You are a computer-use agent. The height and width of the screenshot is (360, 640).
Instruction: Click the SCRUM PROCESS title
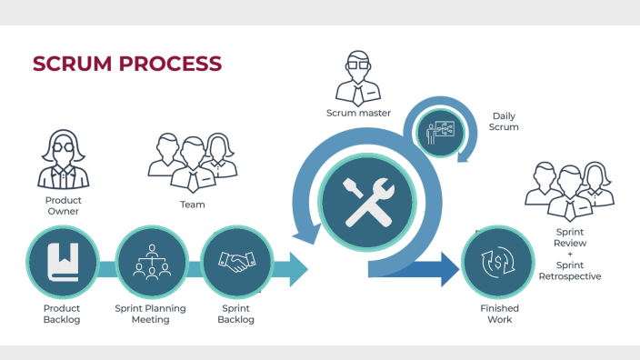click(126, 64)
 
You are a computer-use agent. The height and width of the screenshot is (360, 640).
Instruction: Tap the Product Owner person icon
click(63, 160)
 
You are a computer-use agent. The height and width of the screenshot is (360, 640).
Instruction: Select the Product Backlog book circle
click(63, 263)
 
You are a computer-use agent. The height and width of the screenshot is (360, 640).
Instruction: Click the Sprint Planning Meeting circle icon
click(151, 263)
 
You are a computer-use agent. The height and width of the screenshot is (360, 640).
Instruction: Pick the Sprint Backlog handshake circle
click(236, 263)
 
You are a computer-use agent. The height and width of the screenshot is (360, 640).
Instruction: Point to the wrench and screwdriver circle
click(365, 202)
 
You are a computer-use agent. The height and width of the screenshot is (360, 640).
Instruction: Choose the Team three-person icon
click(193, 160)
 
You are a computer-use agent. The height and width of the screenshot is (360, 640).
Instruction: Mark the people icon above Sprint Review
click(569, 190)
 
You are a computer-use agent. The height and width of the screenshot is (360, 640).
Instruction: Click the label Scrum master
click(358, 114)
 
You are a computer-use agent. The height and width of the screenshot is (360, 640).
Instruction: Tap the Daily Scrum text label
click(504, 122)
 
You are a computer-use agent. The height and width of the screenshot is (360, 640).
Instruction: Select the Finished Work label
click(499, 314)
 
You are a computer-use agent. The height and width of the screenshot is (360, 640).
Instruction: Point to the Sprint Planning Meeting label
click(150, 314)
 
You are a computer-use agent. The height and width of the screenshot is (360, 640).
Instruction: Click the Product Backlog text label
click(62, 314)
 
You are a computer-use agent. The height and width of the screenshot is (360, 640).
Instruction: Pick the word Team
click(192, 205)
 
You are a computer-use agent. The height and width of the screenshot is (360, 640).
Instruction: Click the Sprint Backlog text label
click(235, 314)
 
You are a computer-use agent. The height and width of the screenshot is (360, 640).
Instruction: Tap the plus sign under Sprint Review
click(570, 255)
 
